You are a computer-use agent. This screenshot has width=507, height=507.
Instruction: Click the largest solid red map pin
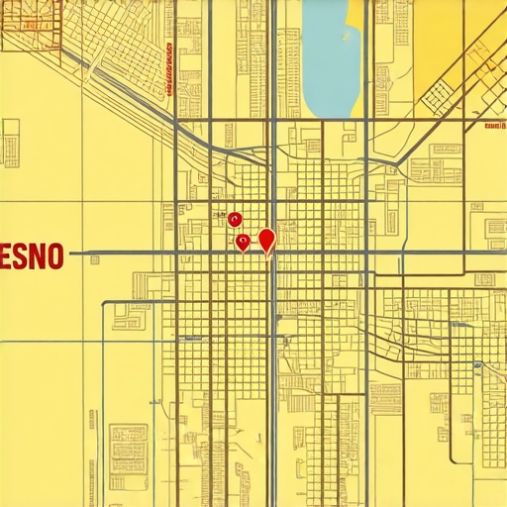pyautogui.click(x=265, y=239)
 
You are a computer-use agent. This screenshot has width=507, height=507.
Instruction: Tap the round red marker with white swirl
pyautogui.click(x=234, y=219)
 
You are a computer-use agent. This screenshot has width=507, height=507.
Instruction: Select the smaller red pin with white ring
pyautogui.click(x=242, y=241)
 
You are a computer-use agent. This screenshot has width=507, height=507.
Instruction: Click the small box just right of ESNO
pyautogui.click(x=95, y=260)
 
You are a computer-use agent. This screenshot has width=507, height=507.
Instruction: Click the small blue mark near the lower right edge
pyautogui.click(x=478, y=367)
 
